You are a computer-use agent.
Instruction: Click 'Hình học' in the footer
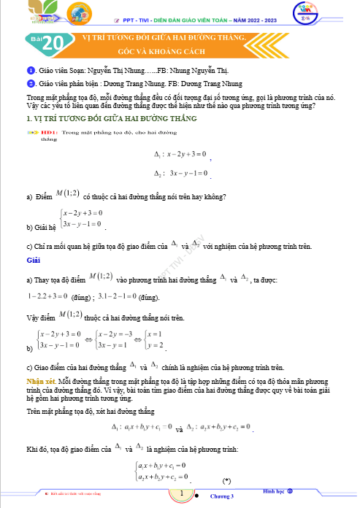277,492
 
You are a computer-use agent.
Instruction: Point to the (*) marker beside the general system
227,480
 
